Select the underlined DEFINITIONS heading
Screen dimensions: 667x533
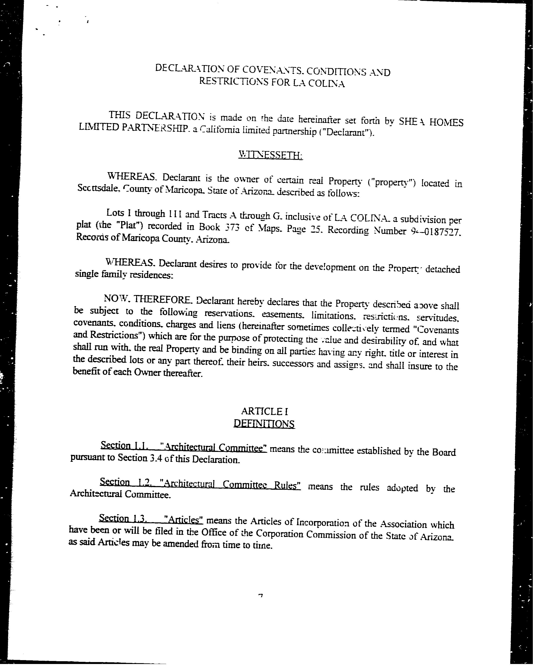(264, 424)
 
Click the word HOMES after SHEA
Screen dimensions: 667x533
(446, 122)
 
